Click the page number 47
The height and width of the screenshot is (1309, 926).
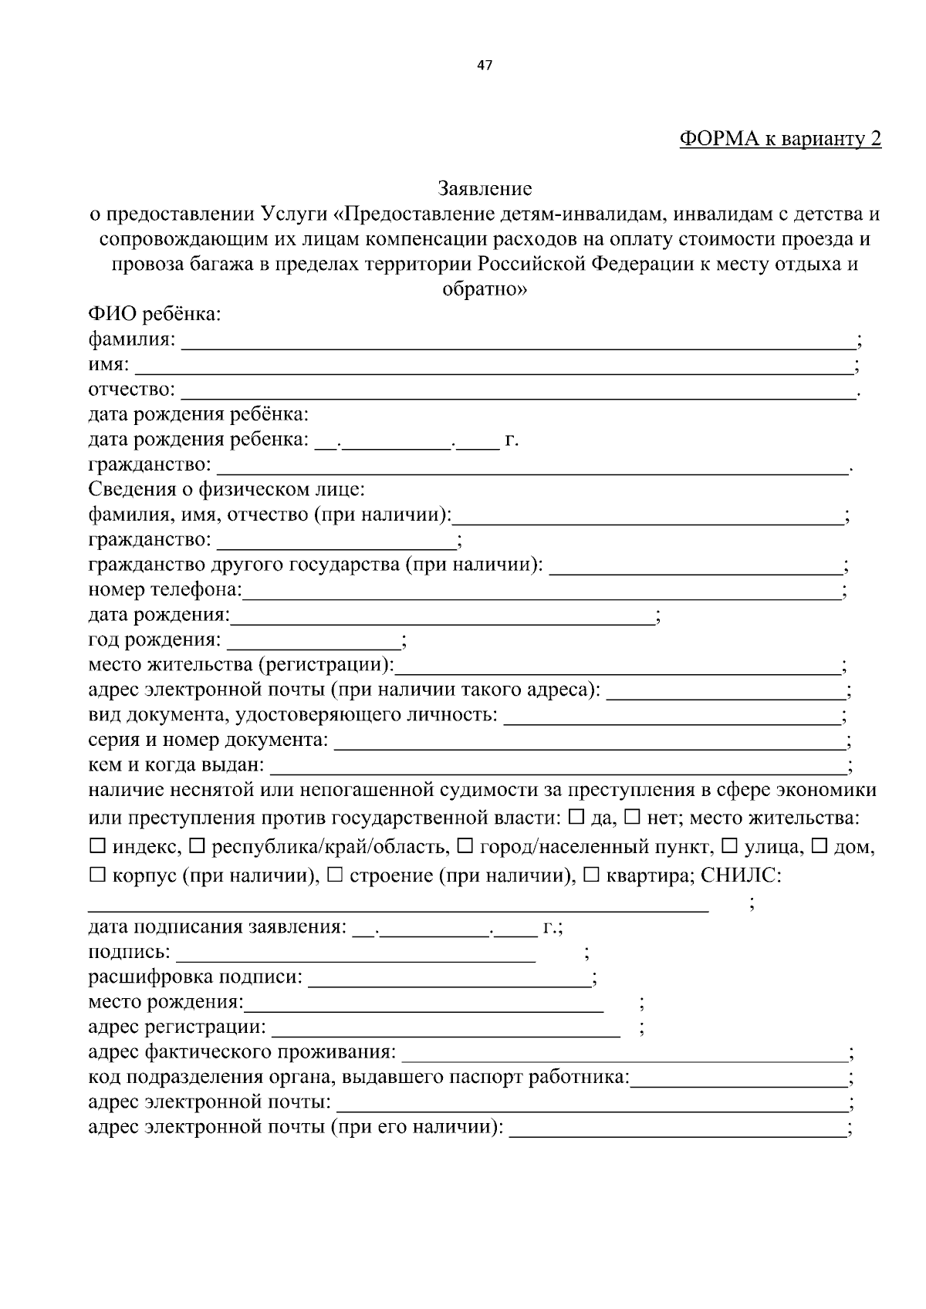coord(485,66)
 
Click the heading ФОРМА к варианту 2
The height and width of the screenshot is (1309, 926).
coord(779,139)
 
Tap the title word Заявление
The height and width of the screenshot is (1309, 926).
coord(485,188)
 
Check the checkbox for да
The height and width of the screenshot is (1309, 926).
coord(576,816)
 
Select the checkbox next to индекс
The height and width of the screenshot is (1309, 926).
coord(97,847)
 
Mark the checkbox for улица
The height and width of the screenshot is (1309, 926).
coord(728,847)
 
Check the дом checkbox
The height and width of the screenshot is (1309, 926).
coord(820,847)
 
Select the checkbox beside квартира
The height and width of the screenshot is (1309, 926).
coord(591,876)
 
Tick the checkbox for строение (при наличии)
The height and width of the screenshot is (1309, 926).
coord(334,876)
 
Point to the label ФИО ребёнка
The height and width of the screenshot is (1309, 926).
coord(154,315)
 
